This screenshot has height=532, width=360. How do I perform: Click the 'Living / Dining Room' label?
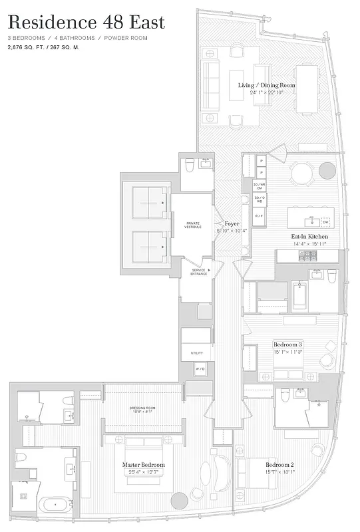click(267, 85)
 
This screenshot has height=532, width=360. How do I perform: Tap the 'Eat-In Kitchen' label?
click(309, 237)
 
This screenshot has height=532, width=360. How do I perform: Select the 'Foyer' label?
click(232, 224)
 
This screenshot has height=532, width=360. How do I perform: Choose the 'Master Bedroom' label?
click(144, 465)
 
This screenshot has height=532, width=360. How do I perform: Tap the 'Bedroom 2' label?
click(279, 464)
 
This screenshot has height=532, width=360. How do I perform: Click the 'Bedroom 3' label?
click(287, 344)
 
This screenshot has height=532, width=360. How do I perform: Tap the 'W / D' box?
click(200, 369)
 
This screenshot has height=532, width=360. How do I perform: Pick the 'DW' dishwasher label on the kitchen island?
click(326, 221)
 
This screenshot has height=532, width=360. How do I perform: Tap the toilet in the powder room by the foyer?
click(188, 164)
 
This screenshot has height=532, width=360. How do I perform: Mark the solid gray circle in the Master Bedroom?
click(180, 501)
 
